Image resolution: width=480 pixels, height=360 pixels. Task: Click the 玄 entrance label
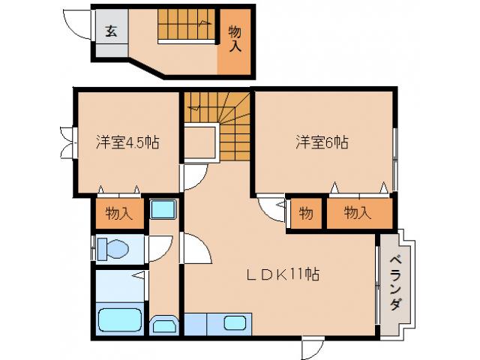coord(111,31)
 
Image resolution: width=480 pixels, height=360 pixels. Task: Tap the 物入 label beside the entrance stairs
coord(235,38)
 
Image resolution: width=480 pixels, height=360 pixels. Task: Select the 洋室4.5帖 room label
coord(126,141)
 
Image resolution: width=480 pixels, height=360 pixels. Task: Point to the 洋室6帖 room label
coord(321,141)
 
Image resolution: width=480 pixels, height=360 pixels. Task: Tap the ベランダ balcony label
coord(395,283)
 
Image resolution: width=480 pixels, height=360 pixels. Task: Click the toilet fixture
coord(115,247)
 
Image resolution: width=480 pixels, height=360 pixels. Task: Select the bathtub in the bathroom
coord(120,321)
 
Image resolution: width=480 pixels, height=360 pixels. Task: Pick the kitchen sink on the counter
coord(235,323)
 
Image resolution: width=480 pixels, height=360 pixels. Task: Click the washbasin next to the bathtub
coord(164,325)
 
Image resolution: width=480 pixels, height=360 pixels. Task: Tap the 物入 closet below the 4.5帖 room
coord(119,213)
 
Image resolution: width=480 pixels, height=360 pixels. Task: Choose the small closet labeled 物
coord(306,213)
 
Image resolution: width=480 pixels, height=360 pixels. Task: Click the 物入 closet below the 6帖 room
coord(357,213)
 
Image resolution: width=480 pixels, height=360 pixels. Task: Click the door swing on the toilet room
coord(160,247)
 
